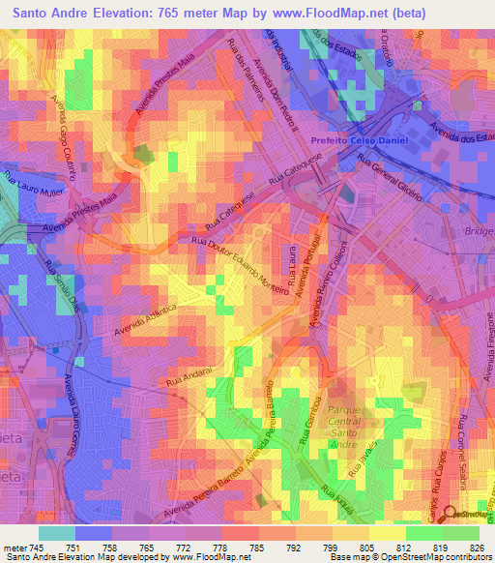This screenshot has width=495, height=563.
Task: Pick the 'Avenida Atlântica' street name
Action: pos(145,320)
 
